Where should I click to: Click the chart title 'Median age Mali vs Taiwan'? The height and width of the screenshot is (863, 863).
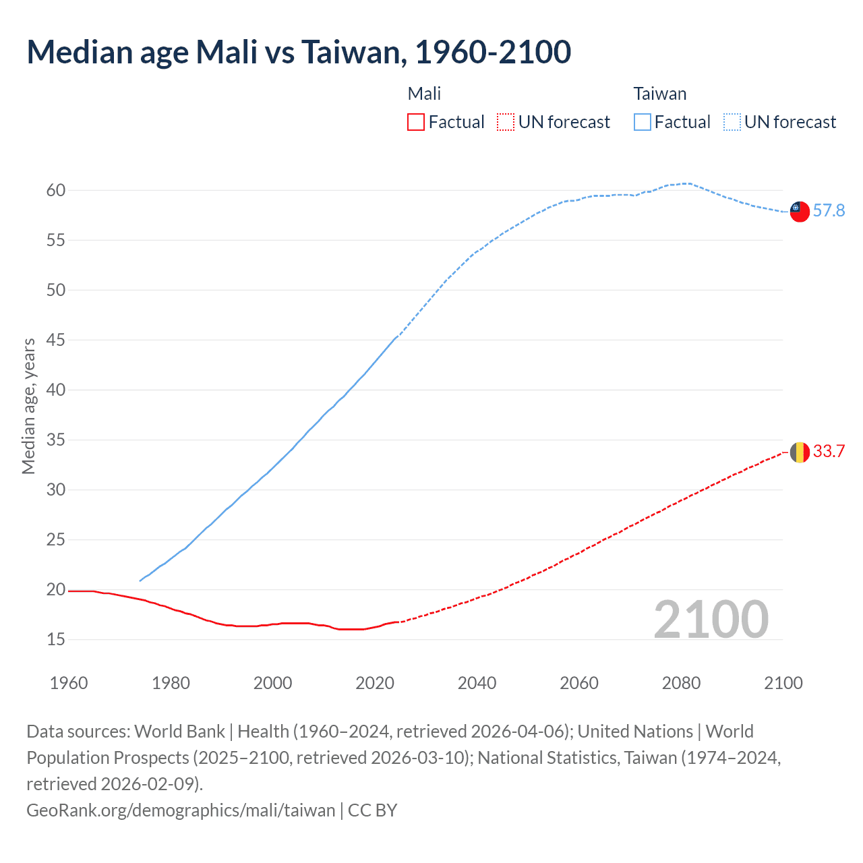pos(299,53)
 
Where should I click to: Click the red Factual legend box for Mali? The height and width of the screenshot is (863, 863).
pos(416,122)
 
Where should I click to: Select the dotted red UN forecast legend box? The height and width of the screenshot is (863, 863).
pos(506,122)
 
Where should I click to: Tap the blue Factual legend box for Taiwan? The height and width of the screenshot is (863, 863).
pos(643,122)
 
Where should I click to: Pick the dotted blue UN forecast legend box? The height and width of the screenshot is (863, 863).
pos(732,122)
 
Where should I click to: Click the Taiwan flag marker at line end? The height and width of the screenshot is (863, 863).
pos(800,211)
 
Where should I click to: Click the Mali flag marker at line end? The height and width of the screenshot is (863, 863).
pos(800,452)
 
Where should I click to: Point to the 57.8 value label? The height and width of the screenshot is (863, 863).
pos(829,211)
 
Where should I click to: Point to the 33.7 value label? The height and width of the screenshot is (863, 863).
pos(829,452)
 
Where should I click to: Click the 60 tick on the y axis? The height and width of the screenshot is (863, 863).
pos(56,191)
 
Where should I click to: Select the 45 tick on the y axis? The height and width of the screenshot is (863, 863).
pos(56,340)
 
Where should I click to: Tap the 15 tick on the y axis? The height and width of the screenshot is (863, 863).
pos(56,640)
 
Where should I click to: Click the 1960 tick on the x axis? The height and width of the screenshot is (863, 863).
pos(69,683)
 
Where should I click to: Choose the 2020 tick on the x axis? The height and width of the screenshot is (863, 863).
pos(375,683)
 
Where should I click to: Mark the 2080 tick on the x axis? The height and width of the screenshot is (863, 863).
pos(681,683)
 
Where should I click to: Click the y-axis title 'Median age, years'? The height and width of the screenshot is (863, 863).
pos(28,407)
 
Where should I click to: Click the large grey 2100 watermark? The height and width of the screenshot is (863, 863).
pos(711,620)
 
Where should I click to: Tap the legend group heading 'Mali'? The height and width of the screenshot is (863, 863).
pos(424,94)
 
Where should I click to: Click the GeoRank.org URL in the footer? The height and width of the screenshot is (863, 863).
pos(181,810)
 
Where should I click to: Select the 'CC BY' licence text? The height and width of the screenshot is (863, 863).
pos(372,810)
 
